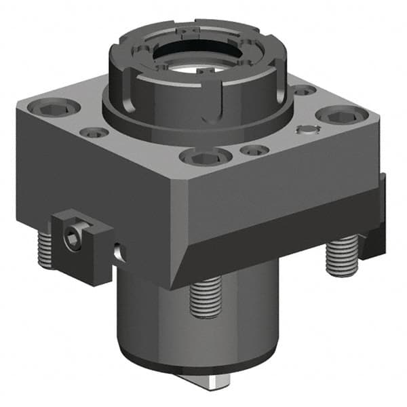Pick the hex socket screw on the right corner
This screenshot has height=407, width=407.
(336, 117)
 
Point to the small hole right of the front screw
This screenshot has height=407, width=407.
(253, 151)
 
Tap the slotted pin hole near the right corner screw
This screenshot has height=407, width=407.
(310, 131)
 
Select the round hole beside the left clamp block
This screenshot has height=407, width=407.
(119, 252)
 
